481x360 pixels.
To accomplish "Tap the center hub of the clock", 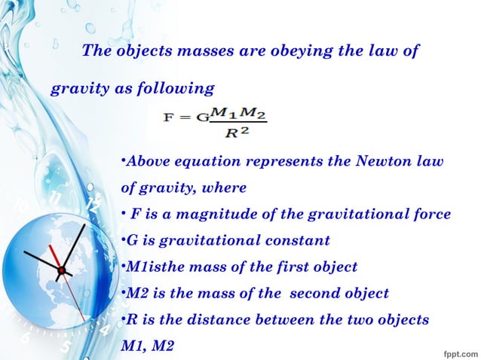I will (x=62, y=269).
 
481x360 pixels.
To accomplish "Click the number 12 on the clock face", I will (x=93, y=206).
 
